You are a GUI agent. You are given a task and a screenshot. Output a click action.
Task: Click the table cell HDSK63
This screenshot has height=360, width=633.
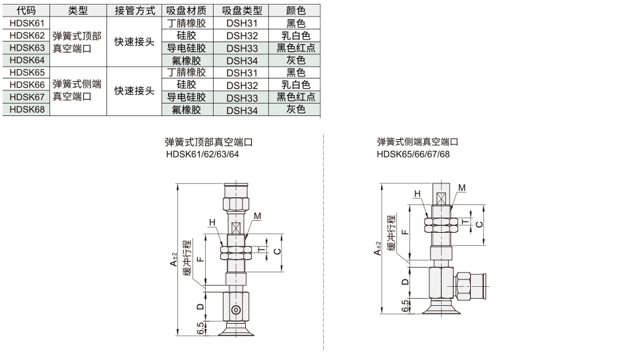pyautogui.click(x=26, y=48)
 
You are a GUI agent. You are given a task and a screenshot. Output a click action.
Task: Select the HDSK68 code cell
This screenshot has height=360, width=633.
pyautogui.click(x=26, y=109)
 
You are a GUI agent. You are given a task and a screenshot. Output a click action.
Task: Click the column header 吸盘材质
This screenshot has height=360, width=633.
pyautogui.click(x=187, y=11)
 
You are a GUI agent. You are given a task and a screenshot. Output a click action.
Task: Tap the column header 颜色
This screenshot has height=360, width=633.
pyautogui.click(x=295, y=11)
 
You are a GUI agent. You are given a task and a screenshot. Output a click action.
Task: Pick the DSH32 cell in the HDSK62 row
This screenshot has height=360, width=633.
pyautogui.click(x=241, y=36)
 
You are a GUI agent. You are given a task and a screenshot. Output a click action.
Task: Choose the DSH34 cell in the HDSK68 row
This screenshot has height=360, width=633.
pyautogui.click(x=241, y=109)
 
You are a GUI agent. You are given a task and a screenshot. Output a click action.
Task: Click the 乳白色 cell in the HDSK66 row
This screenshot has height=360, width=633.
pyautogui.click(x=295, y=85)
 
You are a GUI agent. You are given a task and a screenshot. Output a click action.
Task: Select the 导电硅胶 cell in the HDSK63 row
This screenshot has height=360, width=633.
pyautogui.click(x=187, y=48)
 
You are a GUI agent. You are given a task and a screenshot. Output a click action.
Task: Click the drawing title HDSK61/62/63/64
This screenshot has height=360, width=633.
pyautogui.click(x=202, y=154)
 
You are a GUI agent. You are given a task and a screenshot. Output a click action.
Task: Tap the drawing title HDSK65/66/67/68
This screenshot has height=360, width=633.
pyautogui.click(x=413, y=154)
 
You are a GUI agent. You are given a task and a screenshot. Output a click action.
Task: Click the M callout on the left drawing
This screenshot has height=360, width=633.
pyautogui.click(x=257, y=216)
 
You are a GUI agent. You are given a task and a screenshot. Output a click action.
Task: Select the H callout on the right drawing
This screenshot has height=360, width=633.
pyautogui.click(x=417, y=194)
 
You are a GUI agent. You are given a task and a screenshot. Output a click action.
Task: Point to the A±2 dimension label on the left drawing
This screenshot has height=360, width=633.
pyautogui.click(x=173, y=259)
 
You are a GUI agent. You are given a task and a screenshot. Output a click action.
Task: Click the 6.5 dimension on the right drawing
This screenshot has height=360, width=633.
pyautogui.click(x=406, y=306)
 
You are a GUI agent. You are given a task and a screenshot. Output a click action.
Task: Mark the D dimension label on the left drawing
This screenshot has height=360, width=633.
pyautogui.click(x=200, y=307)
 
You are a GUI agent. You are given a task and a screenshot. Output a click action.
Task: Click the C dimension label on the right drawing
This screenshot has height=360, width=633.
pyautogui.click(x=479, y=224)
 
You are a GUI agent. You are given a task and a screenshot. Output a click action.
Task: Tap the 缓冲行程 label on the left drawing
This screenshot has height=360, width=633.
pyautogui.click(x=187, y=258)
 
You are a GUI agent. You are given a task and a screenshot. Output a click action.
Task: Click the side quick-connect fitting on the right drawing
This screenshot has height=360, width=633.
pyautogui.click(x=470, y=286)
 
